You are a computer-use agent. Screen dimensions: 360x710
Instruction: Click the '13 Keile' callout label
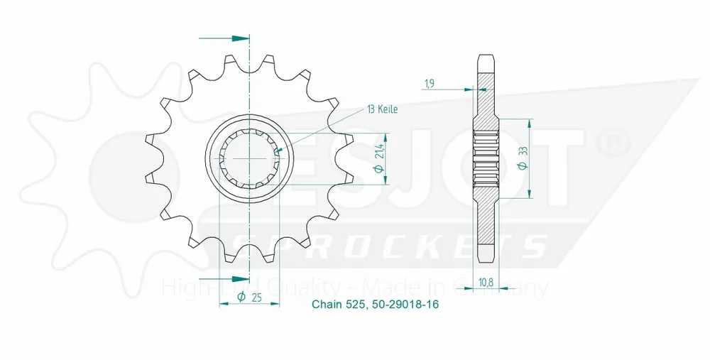[x=382, y=109]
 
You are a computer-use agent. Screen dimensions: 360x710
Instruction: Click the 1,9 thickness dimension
[x=430, y=84]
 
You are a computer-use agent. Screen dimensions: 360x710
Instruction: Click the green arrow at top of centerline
[x=241, y=37]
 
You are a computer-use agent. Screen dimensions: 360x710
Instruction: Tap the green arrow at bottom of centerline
[x=241, y=278]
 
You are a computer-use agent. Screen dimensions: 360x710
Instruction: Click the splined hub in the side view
[x=486, y=158]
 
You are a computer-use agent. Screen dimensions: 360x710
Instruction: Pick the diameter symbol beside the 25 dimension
[x=241, y=297]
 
